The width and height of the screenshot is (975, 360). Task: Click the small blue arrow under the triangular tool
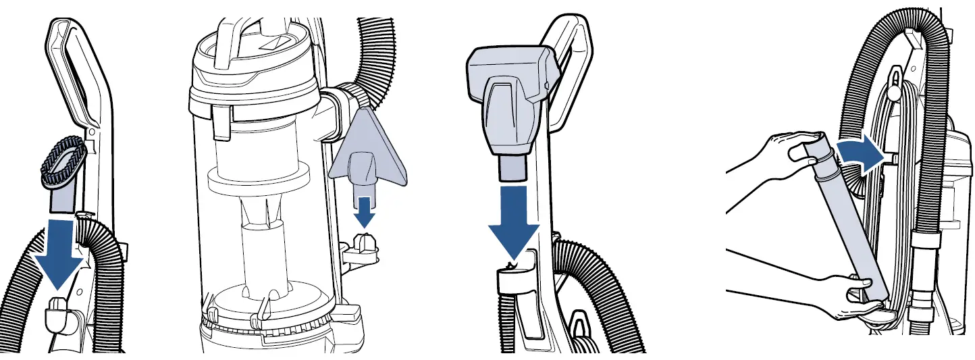[x=365, y=212]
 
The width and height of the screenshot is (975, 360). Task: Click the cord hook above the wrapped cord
[x=895, y=80]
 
